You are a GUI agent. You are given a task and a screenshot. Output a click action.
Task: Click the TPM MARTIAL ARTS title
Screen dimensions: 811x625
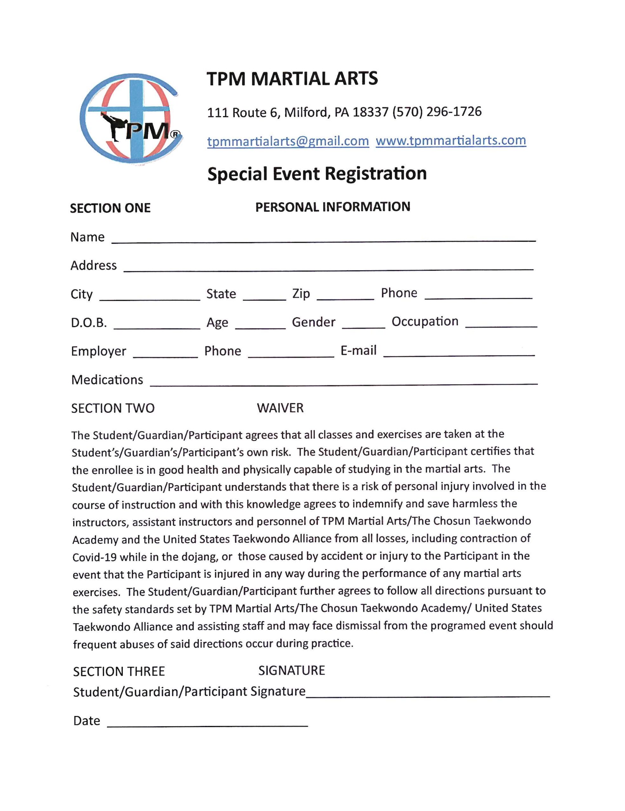click(292, 79)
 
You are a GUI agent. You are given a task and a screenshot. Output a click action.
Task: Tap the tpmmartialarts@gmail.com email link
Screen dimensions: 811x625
click(288, 141)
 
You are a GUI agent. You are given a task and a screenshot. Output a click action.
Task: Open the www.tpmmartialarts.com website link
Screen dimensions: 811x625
click(451, 140)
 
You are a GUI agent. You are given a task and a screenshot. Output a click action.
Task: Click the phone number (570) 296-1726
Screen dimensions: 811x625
click(437, 112)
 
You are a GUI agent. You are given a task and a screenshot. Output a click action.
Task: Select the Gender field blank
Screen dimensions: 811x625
click(363, 325)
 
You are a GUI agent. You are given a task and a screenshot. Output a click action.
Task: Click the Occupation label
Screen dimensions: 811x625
click(424, 322)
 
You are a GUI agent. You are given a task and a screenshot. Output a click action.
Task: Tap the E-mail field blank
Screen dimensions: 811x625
click(459, 353)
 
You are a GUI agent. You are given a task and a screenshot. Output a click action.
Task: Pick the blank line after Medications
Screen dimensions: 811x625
click(344, 382)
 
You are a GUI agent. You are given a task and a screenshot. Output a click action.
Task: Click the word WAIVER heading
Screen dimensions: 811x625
click(280, 408)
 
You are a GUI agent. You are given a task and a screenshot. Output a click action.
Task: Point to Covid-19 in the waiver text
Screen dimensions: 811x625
click(91, 557)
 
